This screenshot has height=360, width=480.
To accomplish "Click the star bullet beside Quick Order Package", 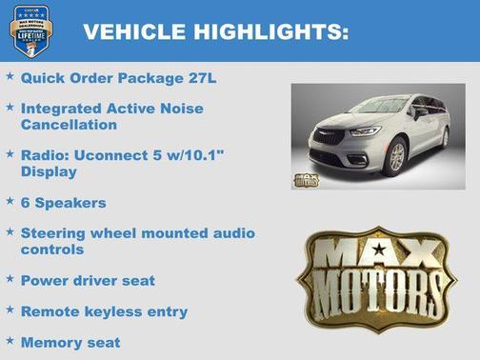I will click(10, 75).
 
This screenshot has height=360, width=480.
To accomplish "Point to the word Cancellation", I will click(70, 125).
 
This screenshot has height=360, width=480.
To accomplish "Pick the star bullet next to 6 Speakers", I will click(10, 201).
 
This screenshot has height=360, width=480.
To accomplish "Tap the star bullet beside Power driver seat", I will click(10, 279).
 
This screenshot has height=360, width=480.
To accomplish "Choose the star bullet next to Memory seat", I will click(10, 340).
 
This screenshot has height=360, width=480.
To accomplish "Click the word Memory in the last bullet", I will click(50, 342).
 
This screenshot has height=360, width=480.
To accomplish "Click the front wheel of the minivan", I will click(397, 157).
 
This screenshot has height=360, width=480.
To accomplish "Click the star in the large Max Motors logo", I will click(380, 250).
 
